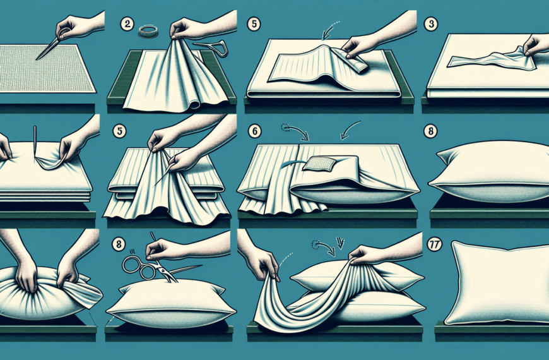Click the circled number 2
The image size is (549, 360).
(126, 24)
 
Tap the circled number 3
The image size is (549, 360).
(430, 24)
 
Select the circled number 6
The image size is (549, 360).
(254, 131)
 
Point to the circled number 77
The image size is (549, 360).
(435, 244)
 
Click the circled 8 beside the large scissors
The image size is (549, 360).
(119, 244)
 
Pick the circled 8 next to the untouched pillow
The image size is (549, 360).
(430, 131)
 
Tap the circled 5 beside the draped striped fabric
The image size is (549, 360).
(119, 131)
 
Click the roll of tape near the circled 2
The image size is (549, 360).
(148, 31)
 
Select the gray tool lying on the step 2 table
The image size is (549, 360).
(212, 47)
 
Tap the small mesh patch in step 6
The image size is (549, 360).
(319, 164)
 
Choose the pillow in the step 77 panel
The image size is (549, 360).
(497, 282)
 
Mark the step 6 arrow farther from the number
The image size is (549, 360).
(350, 129)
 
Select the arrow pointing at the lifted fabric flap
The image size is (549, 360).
(330, 31)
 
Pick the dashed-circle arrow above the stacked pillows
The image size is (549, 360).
(324, 246)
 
